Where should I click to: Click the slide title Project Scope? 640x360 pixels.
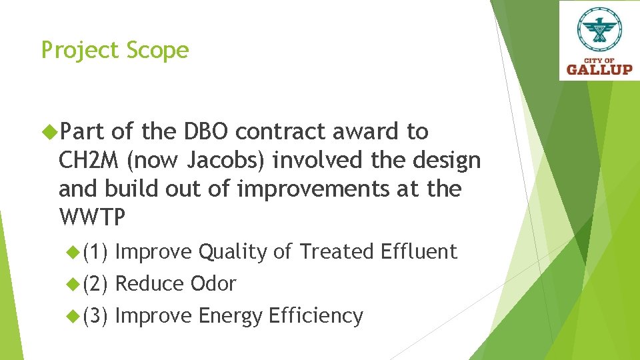coord(115,51)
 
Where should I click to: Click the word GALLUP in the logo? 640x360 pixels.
coord(599,69)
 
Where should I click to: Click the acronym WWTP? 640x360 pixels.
coord(91,218)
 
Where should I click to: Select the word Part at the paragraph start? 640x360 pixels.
coord(83,132)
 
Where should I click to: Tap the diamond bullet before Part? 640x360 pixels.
coord(50,132)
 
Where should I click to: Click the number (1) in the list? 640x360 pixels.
coord(96,252)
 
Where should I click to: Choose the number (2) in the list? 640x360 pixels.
coord(96,284)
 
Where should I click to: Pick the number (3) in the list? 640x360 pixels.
coord(96,316)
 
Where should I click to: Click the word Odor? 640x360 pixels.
coord(213,284)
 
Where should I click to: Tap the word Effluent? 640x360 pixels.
coord(418,252)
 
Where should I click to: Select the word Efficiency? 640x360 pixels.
coord(315,316)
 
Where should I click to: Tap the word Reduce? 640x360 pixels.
coord(150,284)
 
